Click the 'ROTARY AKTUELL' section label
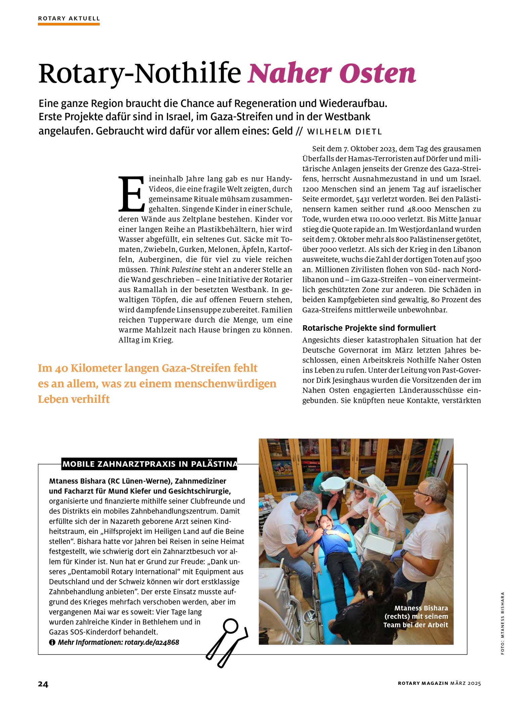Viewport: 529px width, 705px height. click(x=69, y=18)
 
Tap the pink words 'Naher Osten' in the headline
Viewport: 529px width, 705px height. click(x=332, y=73)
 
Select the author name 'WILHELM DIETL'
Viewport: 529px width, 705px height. click(x=344, y=132)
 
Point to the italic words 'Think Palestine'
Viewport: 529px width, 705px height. click(x=176, y=270)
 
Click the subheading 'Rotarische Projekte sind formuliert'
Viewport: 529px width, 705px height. click(x=369, y=328)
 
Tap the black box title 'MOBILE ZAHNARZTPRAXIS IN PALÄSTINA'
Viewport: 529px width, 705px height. click(x=149, y=464)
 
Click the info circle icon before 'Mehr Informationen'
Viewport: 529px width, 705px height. click(x=52, y=643)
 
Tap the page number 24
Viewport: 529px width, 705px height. click(x=43, y=684)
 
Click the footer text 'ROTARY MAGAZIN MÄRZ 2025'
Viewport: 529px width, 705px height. click(x=439, y=683)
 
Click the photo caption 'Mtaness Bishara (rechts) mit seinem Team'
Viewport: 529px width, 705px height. click(x=415, y=616)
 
